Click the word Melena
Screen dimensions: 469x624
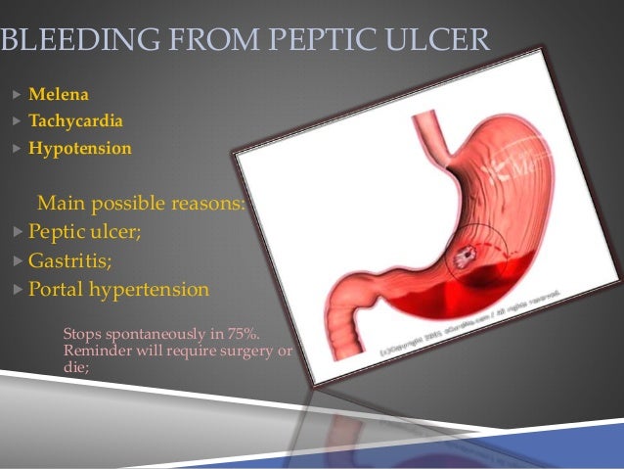pos(59,95)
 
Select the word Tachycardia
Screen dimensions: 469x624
pos(76,122)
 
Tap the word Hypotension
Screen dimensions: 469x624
pos(80,150)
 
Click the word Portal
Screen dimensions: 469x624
pos(57,291)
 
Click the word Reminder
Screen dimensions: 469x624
pos(97,352)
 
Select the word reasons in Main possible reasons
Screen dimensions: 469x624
pos(206,205)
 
